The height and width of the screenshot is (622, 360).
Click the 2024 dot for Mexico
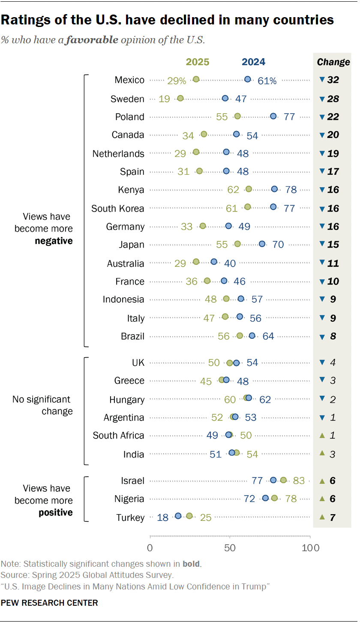click(x=248, y=79)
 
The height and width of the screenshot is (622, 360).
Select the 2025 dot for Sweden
click(x=180, y=99)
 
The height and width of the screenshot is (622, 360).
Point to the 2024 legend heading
click(x=254, y=62)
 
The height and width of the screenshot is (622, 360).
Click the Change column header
click(x=333, y=62)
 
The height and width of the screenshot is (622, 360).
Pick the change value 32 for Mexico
click(x=333, y=80)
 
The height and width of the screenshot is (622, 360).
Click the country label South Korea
click(x=118, y=209)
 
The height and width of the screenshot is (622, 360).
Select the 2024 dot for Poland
click(x=273, y=116)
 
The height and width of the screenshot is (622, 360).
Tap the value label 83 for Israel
click(x=299, y=481)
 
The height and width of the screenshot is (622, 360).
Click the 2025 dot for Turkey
click(x=189, y=516)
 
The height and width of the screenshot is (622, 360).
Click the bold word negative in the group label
click(x=54, y=241)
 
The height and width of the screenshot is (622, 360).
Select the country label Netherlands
click(x=118, y=153)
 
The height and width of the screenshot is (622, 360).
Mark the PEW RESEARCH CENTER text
click(x=49, y=603)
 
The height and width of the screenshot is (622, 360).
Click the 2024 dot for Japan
click(x=262, y=244)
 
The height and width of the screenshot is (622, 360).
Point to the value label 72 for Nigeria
click(x=249, y=499)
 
